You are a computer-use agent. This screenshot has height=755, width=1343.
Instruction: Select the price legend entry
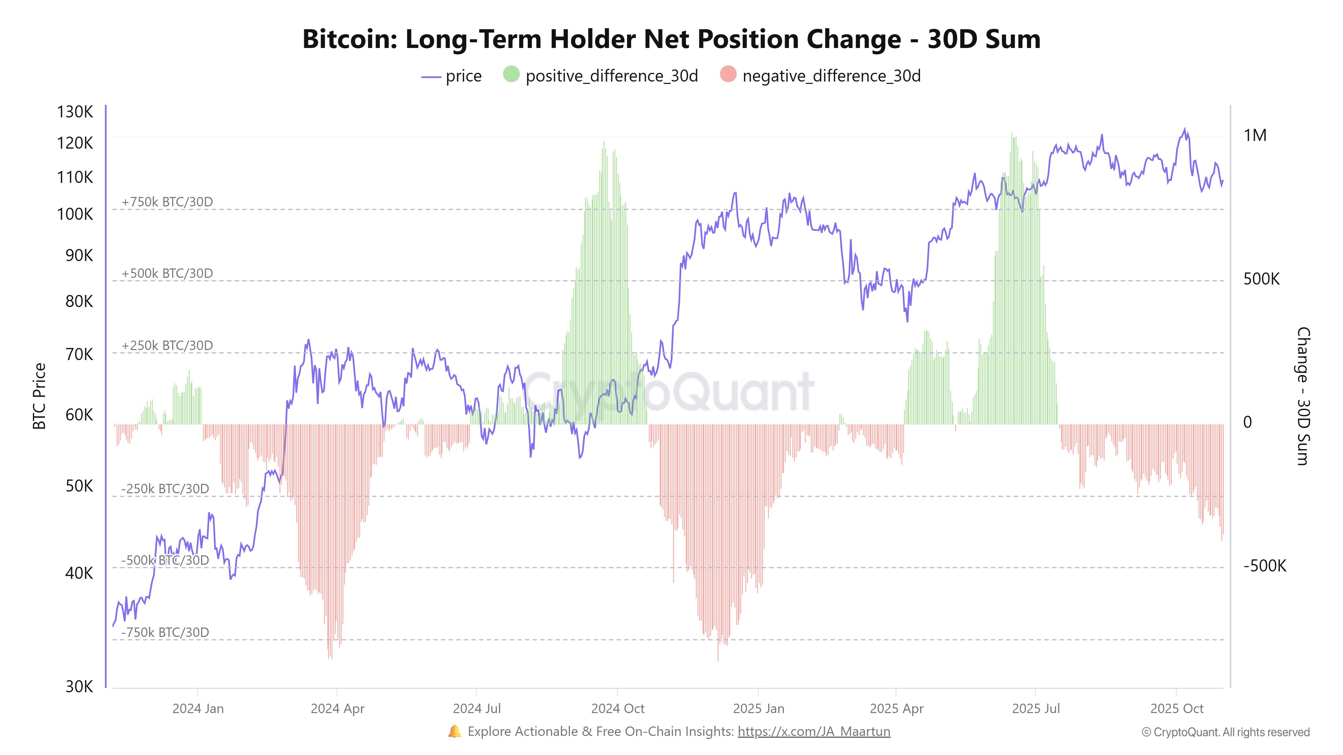(x=452, y=76)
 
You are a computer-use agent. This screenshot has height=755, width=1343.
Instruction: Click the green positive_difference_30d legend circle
(x=511, y=74)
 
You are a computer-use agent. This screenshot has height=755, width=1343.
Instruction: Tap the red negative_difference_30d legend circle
(x=728, y=74)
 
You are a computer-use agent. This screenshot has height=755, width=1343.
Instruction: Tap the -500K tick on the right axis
(x=1264, y=566)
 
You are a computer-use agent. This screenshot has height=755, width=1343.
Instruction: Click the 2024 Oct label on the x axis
(x=617, y=709)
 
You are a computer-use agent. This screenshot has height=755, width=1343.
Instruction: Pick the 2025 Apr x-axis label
(x=896, y=709)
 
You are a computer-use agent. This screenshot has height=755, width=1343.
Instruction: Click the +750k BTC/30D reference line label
(x=167, y=202)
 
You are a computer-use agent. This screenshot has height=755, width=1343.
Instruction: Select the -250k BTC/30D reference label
(x=165, y=489)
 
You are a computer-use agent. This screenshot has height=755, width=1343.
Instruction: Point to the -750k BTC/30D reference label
(x=165, y=632)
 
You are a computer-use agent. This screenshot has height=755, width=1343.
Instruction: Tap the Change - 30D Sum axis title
(x=1302, y=396)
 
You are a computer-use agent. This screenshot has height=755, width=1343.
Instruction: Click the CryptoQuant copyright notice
(x=1225, y=732)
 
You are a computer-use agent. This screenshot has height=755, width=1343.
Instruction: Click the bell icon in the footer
(x=455, y=731)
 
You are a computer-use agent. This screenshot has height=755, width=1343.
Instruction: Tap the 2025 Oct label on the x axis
(x=1177, y=709)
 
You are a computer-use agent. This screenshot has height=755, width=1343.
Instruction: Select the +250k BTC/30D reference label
(x=167, y=346)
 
